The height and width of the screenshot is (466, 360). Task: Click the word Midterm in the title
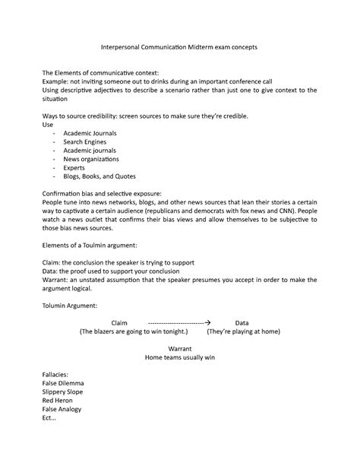[195, 47]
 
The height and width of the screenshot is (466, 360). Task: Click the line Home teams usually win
[180, 357]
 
